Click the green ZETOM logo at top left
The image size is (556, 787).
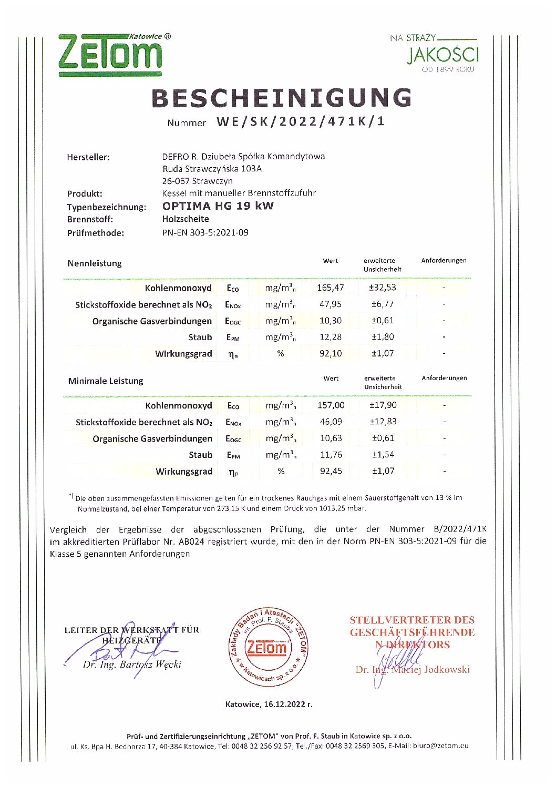coord(110,55)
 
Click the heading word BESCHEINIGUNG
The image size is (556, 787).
coord(282,98)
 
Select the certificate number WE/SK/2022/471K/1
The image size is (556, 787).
coord(301,122)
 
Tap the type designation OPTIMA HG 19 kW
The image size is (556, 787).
coord(218,206)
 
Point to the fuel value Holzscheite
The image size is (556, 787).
coord(186,219)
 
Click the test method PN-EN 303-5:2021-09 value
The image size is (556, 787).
coord(205,232)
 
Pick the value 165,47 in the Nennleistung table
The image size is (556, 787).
coord(331,288)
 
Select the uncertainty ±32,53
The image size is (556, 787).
coord(383,288)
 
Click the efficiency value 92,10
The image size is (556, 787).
coord(331,353)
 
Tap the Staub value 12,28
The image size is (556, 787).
coord(331,337)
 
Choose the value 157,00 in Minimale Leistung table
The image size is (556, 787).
coord(331,405)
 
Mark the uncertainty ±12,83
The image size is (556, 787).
coord(383,422)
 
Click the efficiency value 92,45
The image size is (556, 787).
coord(331,471)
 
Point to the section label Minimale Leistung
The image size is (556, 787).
coord(106,381)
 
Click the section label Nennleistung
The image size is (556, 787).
coord(95,263)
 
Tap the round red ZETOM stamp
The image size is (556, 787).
coord(268,647)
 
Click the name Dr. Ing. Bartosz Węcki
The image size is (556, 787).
coord(132,665)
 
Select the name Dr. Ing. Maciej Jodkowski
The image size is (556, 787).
coord(413,670)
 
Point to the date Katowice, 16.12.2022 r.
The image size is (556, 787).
coord(269,704)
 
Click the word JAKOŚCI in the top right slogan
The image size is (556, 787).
coord(443,55)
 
